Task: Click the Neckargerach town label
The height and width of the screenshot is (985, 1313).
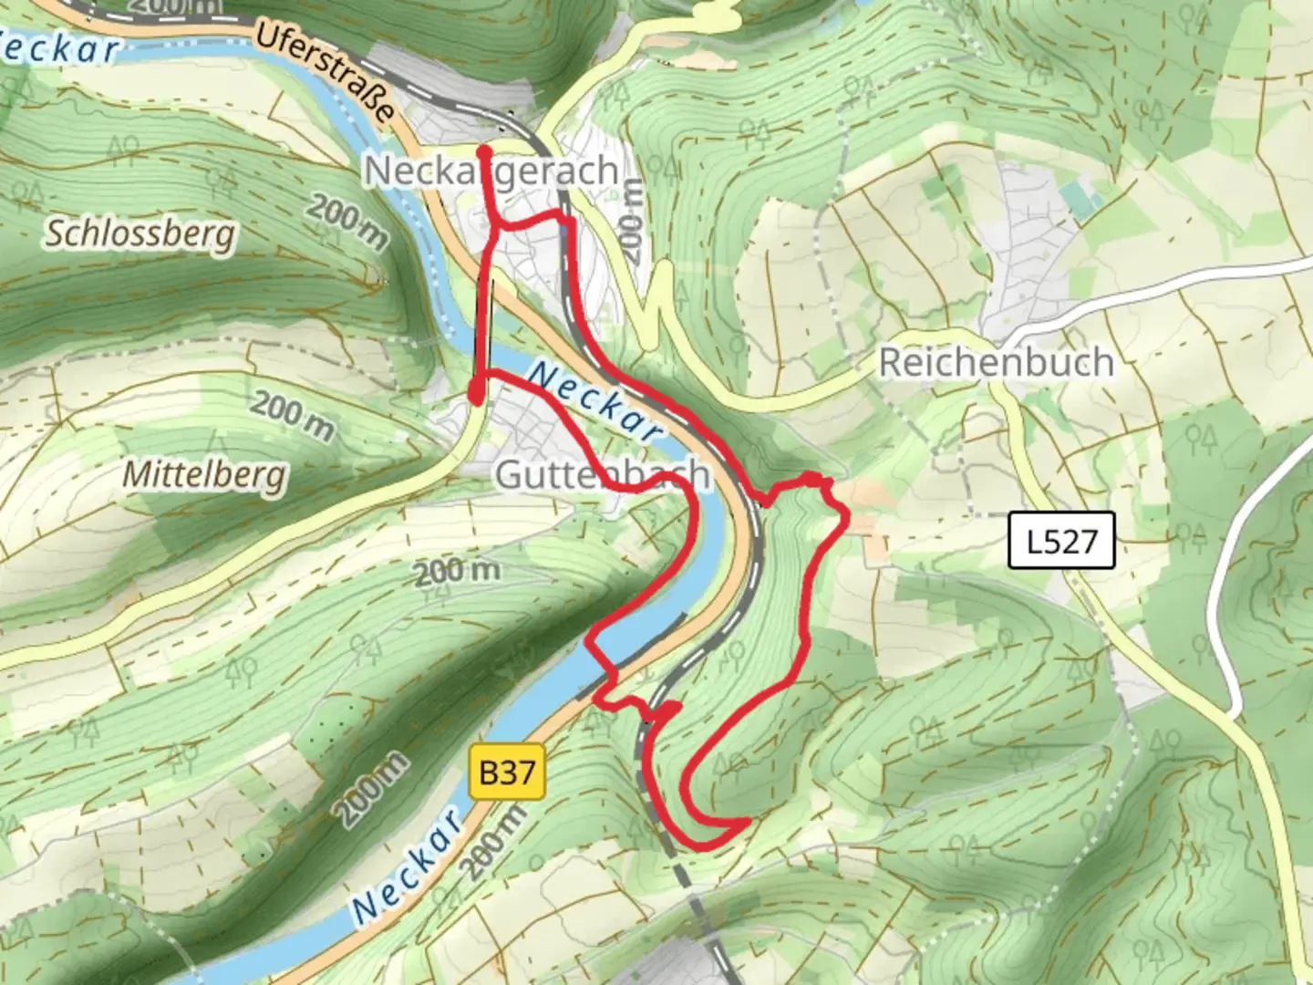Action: coord(491,171)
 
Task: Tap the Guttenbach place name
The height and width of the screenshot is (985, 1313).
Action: coord(602,474)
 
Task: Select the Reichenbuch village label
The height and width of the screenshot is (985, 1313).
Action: coord(996,363)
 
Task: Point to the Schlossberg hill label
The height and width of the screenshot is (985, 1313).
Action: coord(140,234)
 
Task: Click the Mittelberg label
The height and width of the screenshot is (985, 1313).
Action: coord(204,474)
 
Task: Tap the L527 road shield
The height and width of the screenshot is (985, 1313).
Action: coord(1061,542)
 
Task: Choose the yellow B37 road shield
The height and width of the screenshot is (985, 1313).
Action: coord(507,773)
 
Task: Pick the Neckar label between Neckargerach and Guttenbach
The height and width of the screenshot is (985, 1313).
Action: coord(594,401)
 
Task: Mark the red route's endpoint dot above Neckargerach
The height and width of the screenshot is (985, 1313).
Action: coord(484,151)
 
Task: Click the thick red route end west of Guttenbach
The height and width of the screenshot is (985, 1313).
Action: coord(475,392)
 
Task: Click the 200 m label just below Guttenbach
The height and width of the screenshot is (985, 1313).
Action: coord(457,573)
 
